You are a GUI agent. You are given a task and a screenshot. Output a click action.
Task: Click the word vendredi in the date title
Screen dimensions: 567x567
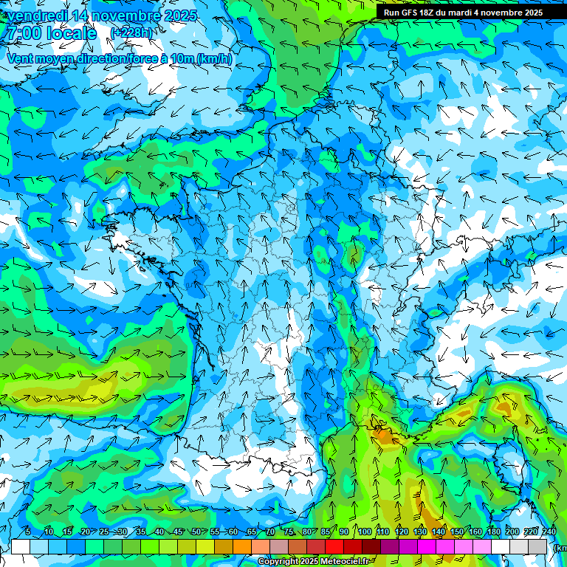tap(37, 16)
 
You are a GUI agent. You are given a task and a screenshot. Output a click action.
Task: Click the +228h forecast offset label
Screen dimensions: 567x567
tap(132, 32)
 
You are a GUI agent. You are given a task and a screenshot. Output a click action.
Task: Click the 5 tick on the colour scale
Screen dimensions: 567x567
tap(28, 532)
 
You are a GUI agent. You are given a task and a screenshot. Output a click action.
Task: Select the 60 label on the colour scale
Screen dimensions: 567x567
tap(233, 532)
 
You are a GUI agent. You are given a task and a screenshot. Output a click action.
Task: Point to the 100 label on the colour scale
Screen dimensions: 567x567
tap(364, 532)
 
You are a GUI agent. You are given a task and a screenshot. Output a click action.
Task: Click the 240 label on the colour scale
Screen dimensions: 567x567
tap(549, 532)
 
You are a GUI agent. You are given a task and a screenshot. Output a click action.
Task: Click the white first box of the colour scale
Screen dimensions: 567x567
tap(21, 546)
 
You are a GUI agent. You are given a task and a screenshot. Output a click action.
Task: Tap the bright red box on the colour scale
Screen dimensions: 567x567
tap(334, 546)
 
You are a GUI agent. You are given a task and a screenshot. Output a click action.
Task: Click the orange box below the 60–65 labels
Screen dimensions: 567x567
tap(242, 546)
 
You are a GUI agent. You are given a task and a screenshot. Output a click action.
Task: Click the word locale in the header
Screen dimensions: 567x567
tap(71, 34)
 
